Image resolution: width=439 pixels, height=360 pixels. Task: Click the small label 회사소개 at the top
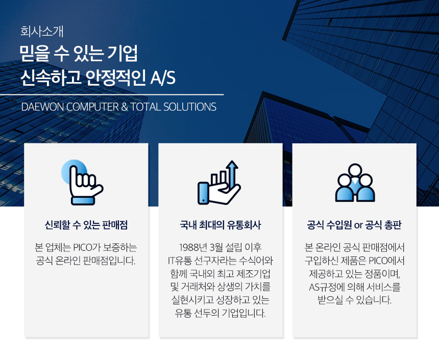pyautogui.click(x=42, y=31)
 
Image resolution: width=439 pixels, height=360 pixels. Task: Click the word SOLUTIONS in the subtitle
pyautogui.click(x=190, y=107)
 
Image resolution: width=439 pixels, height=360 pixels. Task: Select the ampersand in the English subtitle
pyautogui.click(x=125, y=107)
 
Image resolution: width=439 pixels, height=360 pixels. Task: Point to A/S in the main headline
pyautogui.click(x=163, y=78)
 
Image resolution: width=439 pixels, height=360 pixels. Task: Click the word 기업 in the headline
pyautogui.click(x=123, y=53)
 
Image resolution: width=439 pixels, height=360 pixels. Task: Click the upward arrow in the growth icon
pyautogui.click(x=232, y=173)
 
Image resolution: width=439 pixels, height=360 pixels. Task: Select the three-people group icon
pyautogui.click(x=355, y=183)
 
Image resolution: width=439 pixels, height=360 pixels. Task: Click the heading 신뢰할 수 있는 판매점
pyautogui.click(x=86, y=225)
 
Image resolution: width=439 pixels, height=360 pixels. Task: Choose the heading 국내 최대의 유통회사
pyautogui.click(x=221, y=225)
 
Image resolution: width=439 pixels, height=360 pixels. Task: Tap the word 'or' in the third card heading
pyautogui.click(x=358, y=225)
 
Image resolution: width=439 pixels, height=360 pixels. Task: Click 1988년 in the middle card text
pyautogui.click(x=192, y=247)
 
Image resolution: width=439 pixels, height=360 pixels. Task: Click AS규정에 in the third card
pyautogui.click(x=326, y=287)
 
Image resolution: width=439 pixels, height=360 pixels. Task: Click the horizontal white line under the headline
pyautogui.click(x=112, y=95)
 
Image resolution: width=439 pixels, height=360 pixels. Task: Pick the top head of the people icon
pyautogui.click(x=355, y=169)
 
